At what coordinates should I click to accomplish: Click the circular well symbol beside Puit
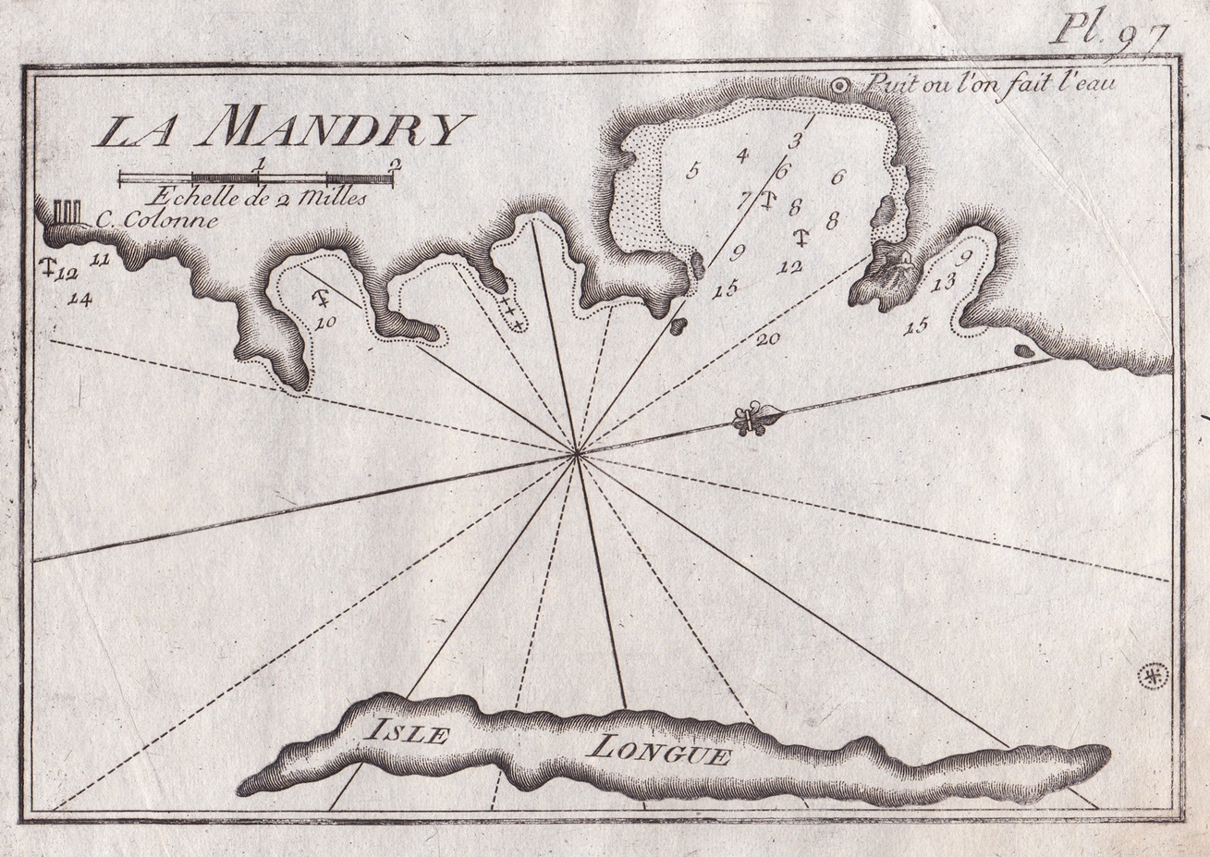840,86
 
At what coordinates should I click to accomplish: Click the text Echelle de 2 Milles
257,196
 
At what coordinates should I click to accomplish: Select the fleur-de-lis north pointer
755,419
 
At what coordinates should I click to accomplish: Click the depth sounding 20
767,339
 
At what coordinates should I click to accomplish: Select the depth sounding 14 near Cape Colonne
80,298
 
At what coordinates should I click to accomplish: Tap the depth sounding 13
943,284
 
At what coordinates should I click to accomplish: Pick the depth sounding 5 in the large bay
693,169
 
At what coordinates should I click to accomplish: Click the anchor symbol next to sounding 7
766,199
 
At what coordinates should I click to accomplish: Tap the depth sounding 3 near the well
793,141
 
